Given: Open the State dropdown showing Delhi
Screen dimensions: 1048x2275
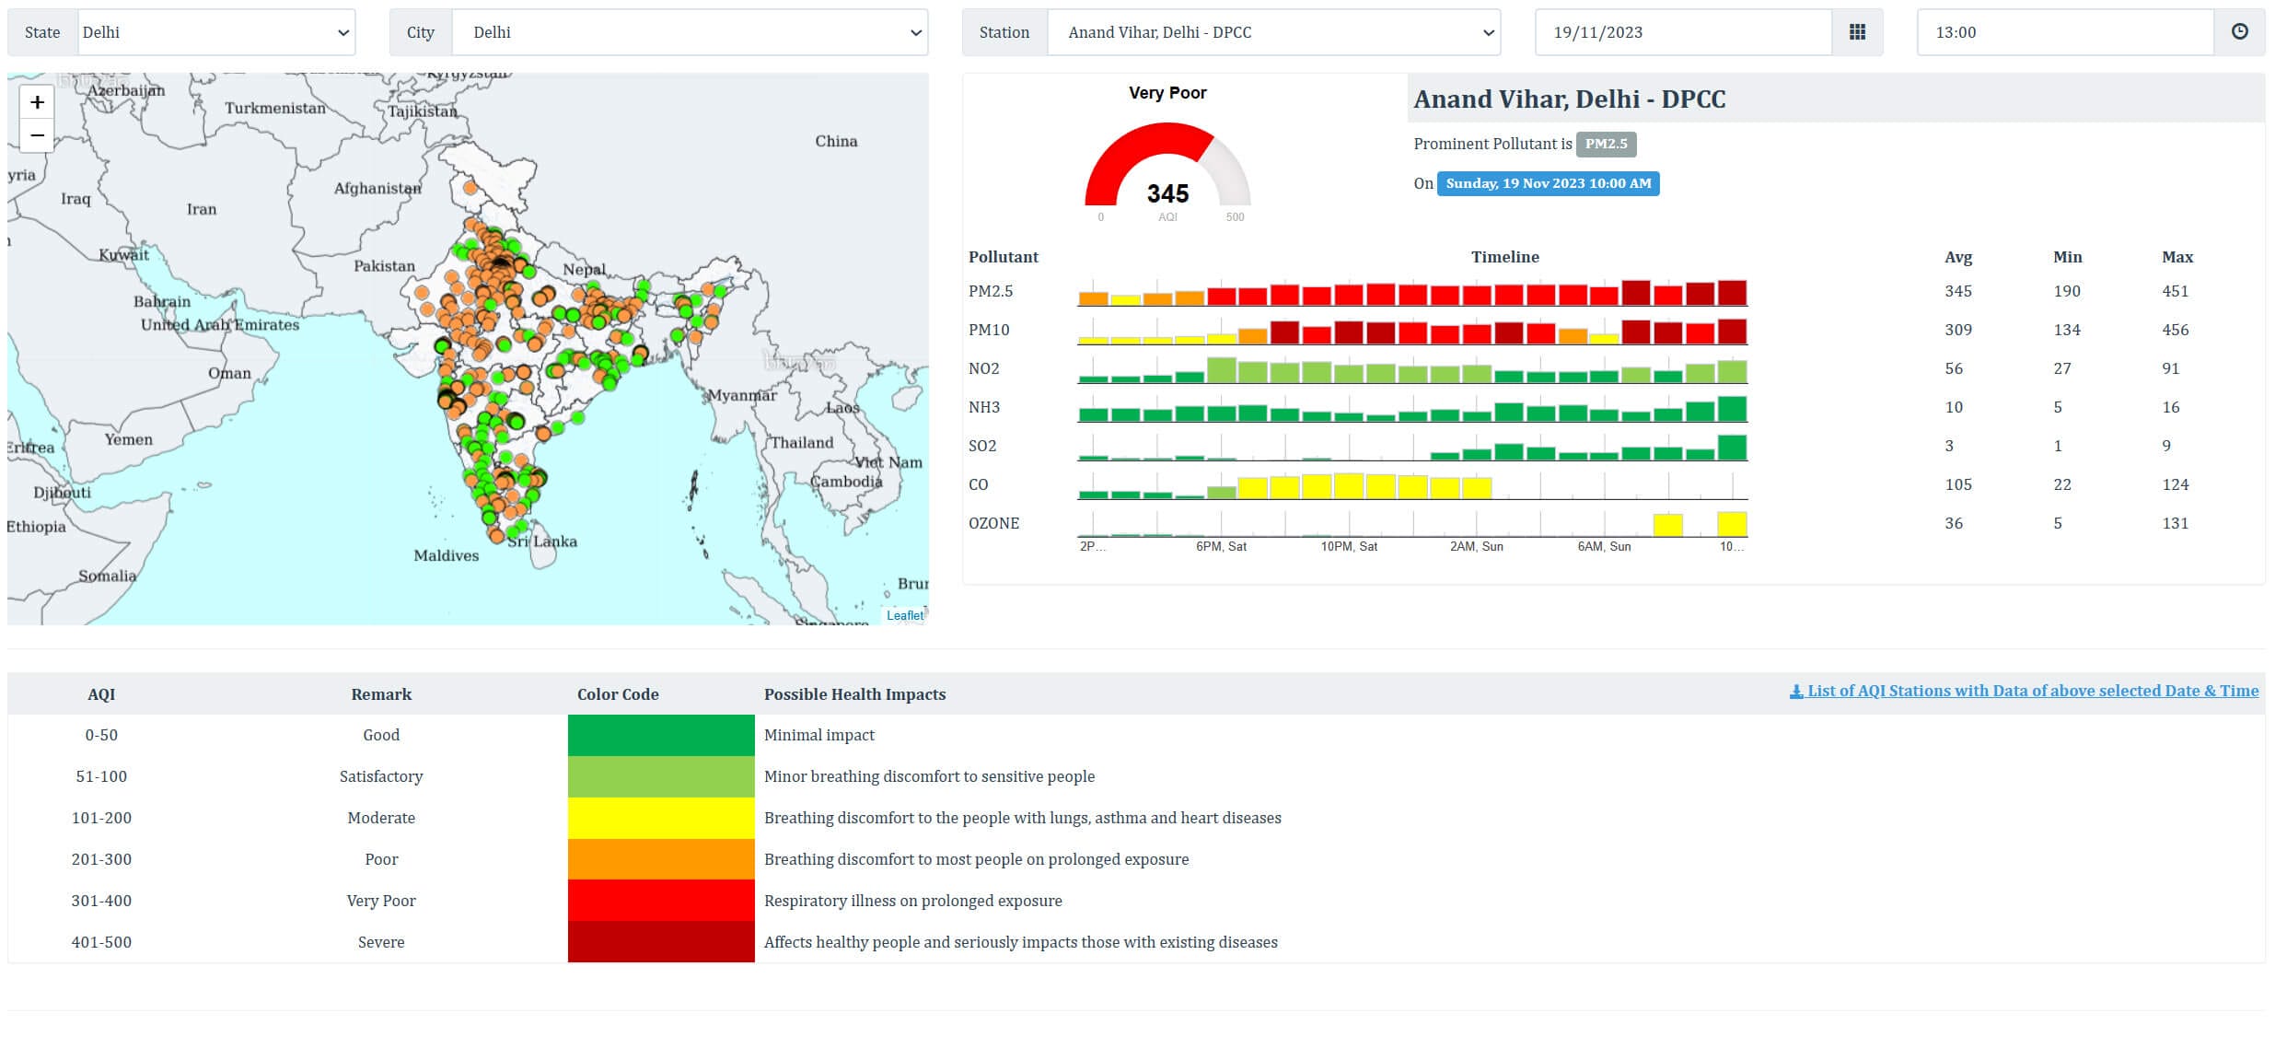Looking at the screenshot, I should [x=216, y=32].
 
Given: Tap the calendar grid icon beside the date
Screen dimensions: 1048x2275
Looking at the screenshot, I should [x=1857, y=32].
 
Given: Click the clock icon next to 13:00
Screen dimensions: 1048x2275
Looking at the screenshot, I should [x=2239, y=32].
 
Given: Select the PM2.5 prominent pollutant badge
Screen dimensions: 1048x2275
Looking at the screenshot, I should [x=1606, y=144].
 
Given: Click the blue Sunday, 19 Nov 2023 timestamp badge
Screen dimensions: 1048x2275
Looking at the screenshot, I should [x=1548, y=183].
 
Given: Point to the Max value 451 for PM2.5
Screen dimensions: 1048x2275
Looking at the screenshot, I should [x=2175, y=291].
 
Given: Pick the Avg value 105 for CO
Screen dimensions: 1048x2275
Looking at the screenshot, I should [x=1958, y=484].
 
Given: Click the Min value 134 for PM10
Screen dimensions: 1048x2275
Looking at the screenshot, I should [x=2066, y=330].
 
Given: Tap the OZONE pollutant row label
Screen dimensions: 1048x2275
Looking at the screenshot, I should [x=993, y=523].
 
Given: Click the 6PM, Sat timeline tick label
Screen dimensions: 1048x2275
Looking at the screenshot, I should [x=1221, y=546].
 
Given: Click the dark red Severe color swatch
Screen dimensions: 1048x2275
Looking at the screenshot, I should [x=661, y=941].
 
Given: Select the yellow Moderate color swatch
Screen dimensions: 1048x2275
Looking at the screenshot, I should [x=661, y=818].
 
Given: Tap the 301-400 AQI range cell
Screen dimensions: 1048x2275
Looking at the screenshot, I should [x=101, y=901].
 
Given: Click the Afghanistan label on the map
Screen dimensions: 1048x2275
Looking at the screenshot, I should [x=377, y=189].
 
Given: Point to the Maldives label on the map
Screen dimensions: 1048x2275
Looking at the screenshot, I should [x=446, y=555].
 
